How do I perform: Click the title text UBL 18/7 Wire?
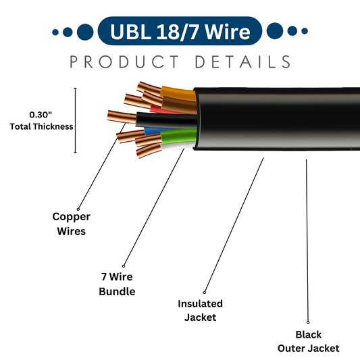click(179, 32)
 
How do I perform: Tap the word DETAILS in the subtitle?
click(242, 62)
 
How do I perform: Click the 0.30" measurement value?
click(41, 115)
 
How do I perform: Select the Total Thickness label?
click(41, 126)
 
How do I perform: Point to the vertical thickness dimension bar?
click(75, 121)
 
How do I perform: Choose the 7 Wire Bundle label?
click(117, 284)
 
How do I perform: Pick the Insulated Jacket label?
click(200, 310)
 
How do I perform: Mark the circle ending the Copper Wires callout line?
click(78, 209)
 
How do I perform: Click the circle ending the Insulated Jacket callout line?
click(205, 290)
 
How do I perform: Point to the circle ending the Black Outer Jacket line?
click(309, 323)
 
